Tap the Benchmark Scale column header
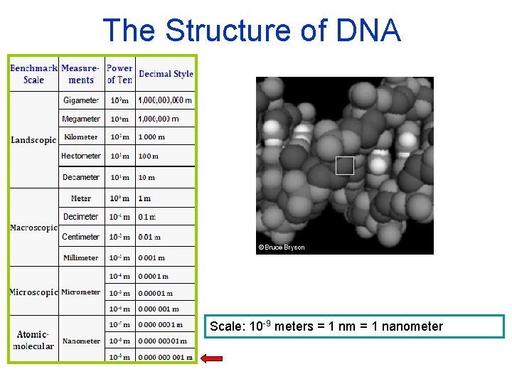[x=33, y=74]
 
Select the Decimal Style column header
[x=166, y=74]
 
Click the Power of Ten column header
[x=119, y=74]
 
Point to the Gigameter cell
[x=81, y=100]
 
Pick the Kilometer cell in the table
[x=81, y=137]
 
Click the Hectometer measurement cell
[x=81, y=156]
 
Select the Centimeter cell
[x=81, y=237]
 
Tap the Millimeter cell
[x=81, y=257]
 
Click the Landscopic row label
[x=33, y=140]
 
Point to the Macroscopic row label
[x=33, y=228]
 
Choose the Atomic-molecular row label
[x=33, y=340]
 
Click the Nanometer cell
[x=81, y=341]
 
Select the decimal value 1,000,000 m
[x=159, y=119]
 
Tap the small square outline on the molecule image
[x=344, y=166]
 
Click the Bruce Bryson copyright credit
[x=282, y=247]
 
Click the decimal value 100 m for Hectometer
[x=148, y=156]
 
